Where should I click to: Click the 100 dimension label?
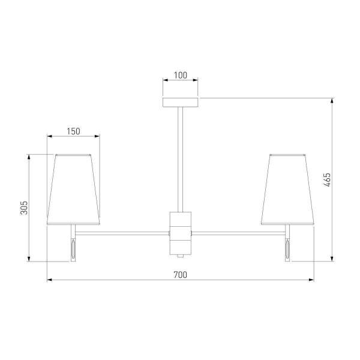pos(180,75)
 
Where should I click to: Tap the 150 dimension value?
pos(73,131)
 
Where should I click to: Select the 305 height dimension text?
pos(24,208)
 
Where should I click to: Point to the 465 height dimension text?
pos(327,180)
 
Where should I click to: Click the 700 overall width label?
pos(180,275)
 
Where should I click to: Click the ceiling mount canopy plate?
pos(181,103)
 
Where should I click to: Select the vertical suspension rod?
pos(181,160)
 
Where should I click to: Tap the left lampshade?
pos(73,190)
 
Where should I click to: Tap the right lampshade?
pos(287,190)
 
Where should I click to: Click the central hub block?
pos(181,233)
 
